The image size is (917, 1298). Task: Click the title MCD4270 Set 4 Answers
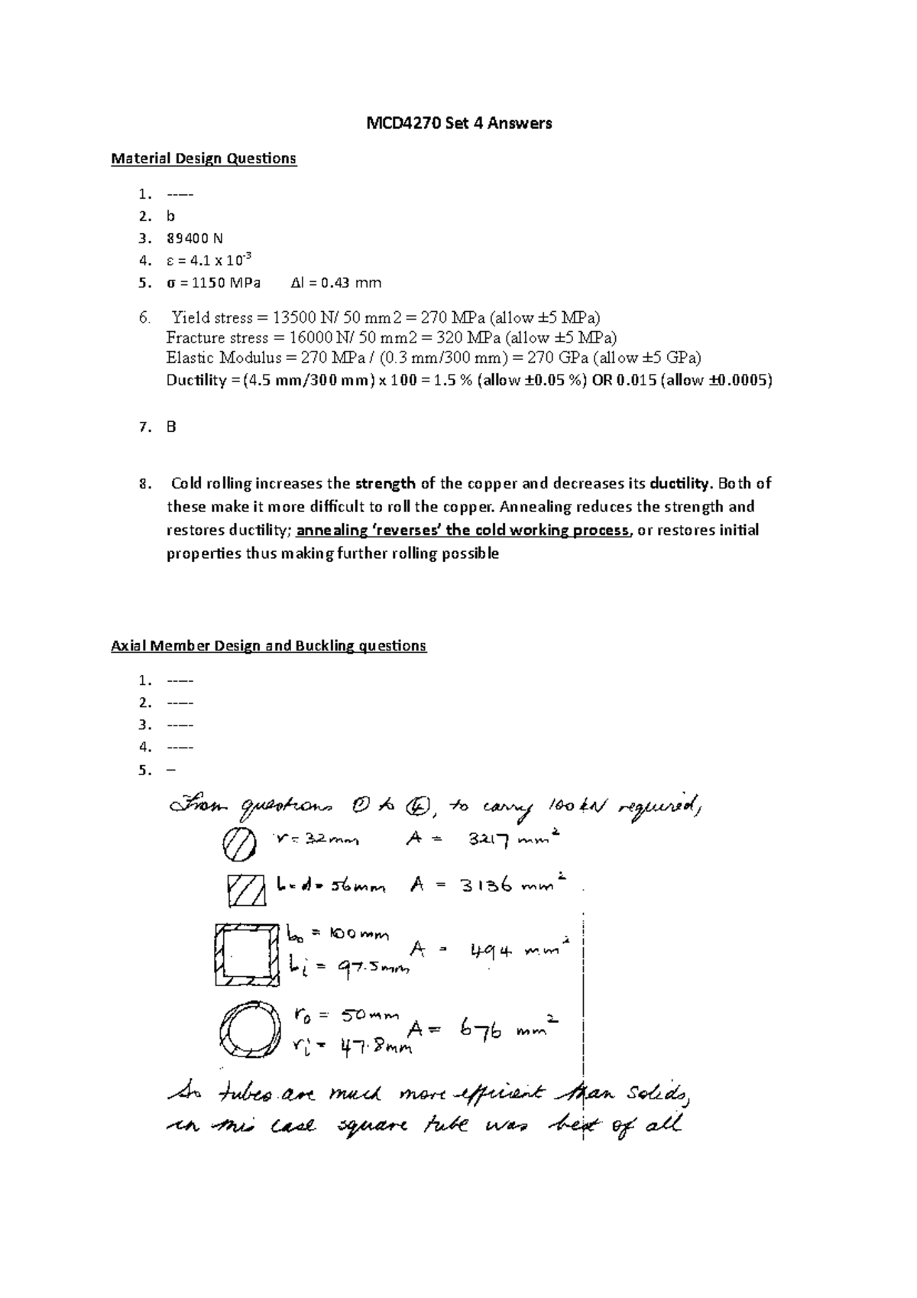[458, 122]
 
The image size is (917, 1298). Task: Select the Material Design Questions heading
[203, 158]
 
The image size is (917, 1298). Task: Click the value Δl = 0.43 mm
[336, 283]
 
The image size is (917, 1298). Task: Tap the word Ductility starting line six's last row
[196, 380]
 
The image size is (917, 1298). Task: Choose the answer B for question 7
[171, 427]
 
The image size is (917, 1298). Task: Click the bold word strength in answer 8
[384, 483]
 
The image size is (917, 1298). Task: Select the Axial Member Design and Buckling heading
[268, 646]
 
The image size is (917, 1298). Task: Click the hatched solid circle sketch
[238, 844]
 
